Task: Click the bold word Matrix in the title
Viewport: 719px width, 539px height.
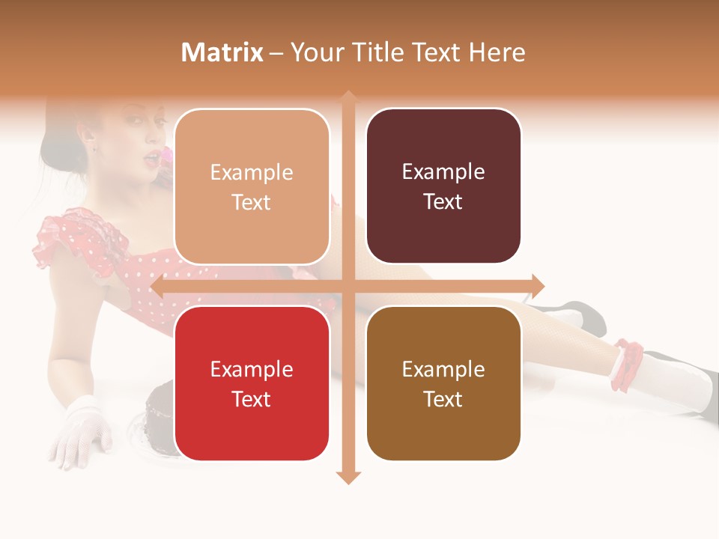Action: coord(222,52)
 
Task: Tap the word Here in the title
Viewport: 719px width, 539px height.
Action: coord(497,52)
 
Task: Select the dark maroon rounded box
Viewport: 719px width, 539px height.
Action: coord(443,186)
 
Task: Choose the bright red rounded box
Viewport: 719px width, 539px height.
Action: coord(252,383)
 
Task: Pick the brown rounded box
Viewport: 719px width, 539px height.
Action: coord(443,383)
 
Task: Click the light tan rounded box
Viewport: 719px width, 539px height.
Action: coord(252,186)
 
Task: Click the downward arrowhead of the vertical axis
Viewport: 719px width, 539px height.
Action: coord(348,478)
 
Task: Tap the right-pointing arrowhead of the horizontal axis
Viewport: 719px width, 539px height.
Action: coord(538,285)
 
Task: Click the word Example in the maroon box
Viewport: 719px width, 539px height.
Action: coord(443,172)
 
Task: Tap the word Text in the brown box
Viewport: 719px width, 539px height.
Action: coord(443,399)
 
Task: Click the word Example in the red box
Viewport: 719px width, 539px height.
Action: coord(252,369)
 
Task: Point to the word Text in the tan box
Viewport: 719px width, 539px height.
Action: coord(252,202)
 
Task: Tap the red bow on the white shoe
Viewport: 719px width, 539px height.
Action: coord(628,365)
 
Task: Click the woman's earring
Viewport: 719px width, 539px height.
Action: coord(95,147)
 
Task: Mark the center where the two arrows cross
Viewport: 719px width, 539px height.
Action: coord(348,285)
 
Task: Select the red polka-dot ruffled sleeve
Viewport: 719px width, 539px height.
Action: coord(64,240)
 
